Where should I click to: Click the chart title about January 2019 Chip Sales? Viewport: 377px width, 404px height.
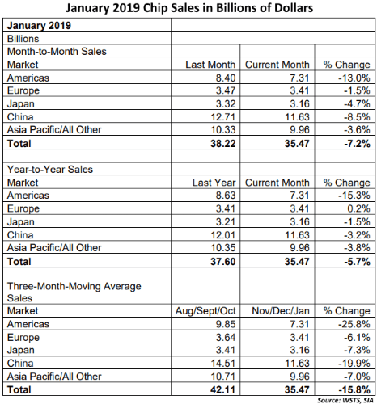189,8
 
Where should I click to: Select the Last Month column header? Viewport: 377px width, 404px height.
210,65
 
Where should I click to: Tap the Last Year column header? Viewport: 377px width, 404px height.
214,183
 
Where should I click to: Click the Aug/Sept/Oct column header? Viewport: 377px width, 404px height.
205,311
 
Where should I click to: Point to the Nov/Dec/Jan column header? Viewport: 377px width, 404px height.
281,311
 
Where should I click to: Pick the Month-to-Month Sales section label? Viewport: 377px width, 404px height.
57,51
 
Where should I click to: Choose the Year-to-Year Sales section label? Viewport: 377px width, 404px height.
50,170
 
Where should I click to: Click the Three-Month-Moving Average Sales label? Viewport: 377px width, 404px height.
74,292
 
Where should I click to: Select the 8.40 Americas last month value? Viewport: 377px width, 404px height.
226,78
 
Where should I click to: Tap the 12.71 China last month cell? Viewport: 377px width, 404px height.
223,117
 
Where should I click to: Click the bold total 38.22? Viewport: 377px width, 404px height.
223,144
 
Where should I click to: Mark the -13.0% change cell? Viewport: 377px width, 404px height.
354,78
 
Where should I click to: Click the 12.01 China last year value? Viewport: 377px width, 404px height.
223,235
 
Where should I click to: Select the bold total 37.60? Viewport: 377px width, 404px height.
223,262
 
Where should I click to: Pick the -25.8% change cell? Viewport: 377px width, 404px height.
354,324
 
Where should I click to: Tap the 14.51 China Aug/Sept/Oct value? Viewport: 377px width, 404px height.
223,364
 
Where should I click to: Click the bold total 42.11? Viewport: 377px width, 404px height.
223,389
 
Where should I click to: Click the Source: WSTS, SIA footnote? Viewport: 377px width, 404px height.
345,400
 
